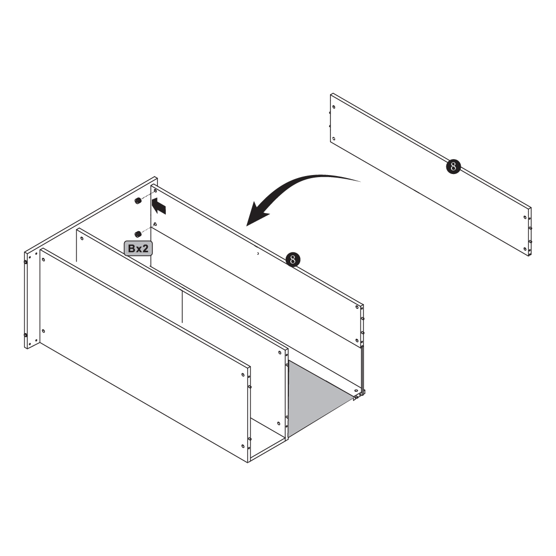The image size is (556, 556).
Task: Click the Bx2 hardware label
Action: tap(138, 249)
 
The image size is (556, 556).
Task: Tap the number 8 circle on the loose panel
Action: tap(453, 166)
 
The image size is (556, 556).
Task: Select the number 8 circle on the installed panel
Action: tap(293, 260)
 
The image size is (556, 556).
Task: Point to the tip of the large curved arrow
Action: tap(247, 225)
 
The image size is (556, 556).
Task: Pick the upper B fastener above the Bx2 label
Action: tap(138, 201)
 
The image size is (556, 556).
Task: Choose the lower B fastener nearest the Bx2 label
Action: tap(138, 234)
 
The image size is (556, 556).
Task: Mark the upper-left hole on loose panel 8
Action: tap(334, 107)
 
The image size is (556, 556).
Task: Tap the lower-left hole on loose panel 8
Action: tap(334, 138)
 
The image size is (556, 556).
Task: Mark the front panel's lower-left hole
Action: tap(43, 331)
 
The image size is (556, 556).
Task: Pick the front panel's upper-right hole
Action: tap(243, 375)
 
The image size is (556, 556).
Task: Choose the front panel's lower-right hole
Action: tap(243, 446)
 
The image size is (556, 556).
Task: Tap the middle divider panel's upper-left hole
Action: tap(82, 238)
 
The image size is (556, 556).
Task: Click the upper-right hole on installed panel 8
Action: tap(357, 307)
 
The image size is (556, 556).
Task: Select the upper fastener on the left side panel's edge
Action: tap(26, 263)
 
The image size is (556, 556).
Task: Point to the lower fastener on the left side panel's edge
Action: tap(26, 335)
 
